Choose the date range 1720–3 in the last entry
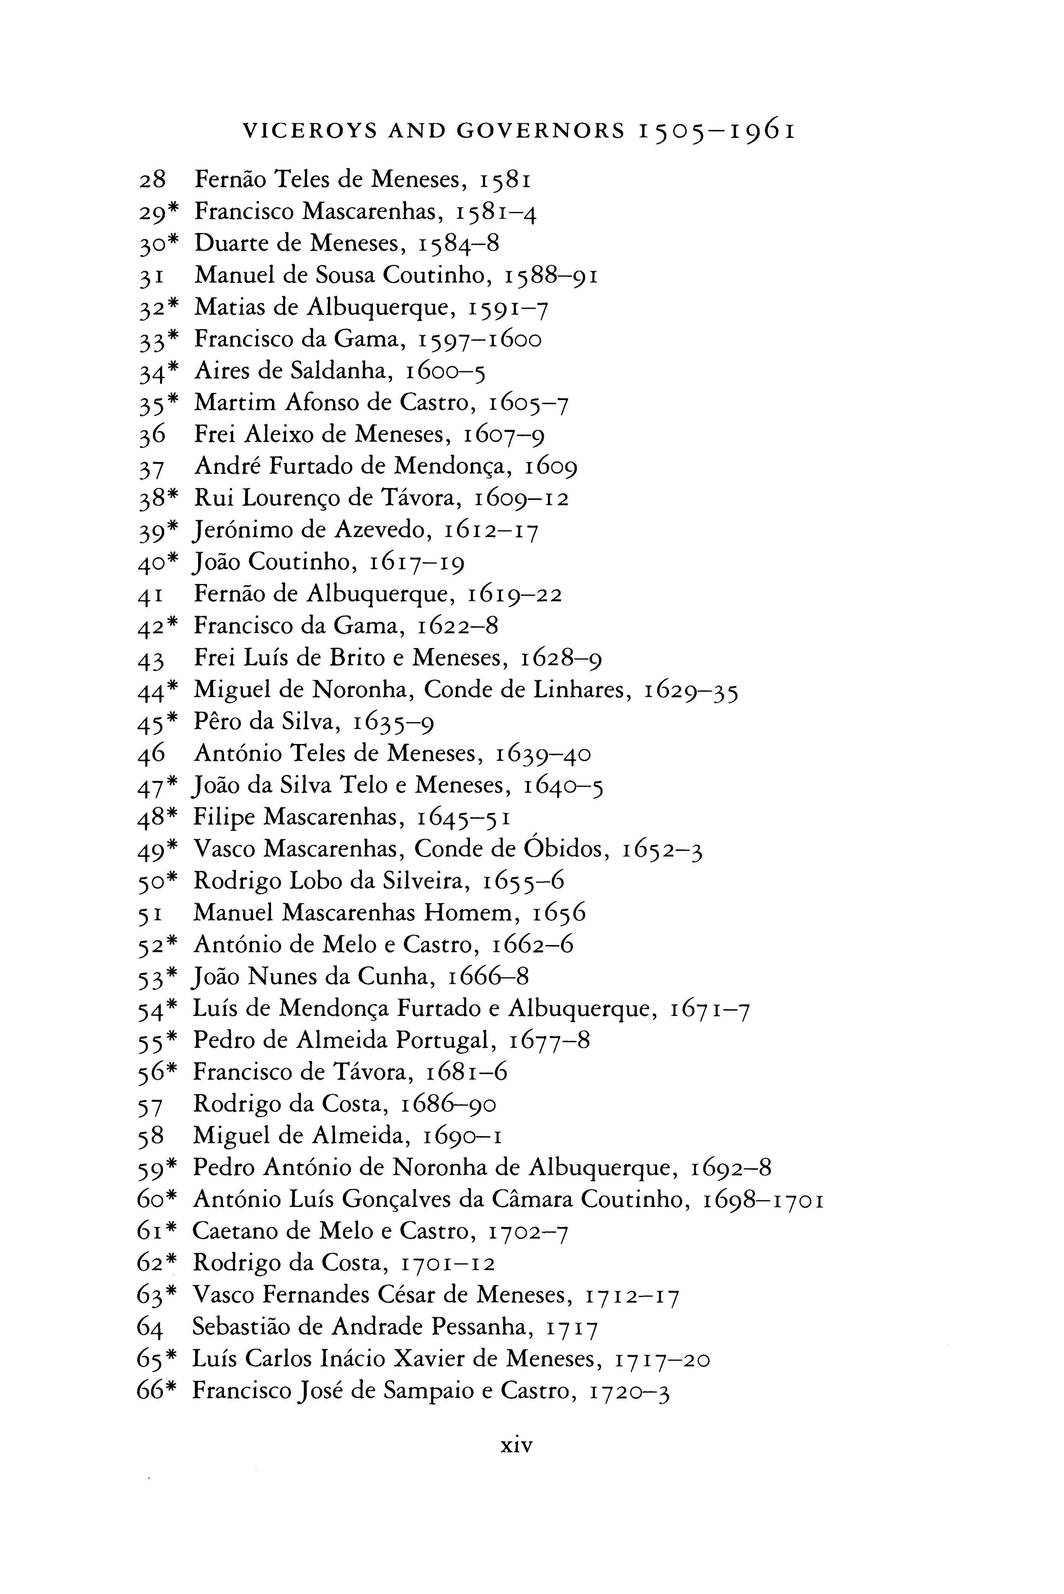click(x=630, y=1391)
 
